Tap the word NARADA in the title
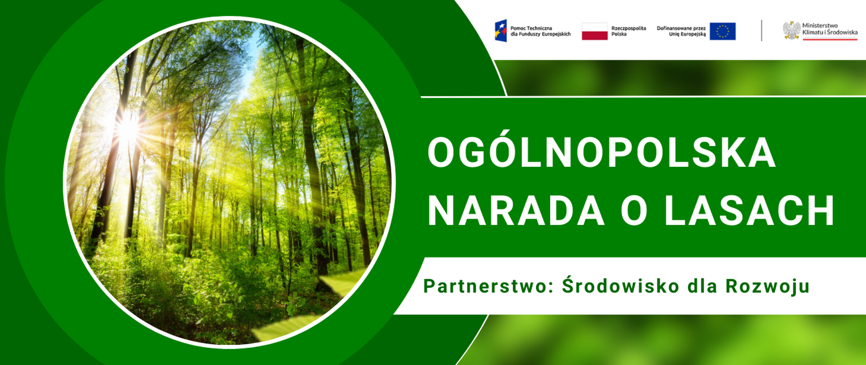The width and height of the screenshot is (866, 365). click(x=516, y=210)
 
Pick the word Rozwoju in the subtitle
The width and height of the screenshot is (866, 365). click(x=767, y=287)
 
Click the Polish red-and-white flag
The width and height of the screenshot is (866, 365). click(x=594, y=31)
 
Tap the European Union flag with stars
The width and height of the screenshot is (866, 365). click(x=723, y=31)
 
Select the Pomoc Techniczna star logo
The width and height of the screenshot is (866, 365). click(x=501, y=31)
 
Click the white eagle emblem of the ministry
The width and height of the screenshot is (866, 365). click(x=791, y=30)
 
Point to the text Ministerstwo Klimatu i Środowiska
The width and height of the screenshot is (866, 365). click(x=830, y=29)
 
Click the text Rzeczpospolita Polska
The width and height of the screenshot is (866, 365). click(x=628, y=31)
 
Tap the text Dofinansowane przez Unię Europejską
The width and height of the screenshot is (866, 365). click(x=681, y=31)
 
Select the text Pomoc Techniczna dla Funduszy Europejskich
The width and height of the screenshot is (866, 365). click(x=540, y=31)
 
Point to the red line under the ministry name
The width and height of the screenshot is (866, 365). click(x=830, y=39)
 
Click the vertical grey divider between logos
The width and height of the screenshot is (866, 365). click(x=762, y=30)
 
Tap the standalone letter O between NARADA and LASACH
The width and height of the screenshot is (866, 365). click(x=634, y=210)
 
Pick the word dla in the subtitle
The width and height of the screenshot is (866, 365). click(x=702, y=286)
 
